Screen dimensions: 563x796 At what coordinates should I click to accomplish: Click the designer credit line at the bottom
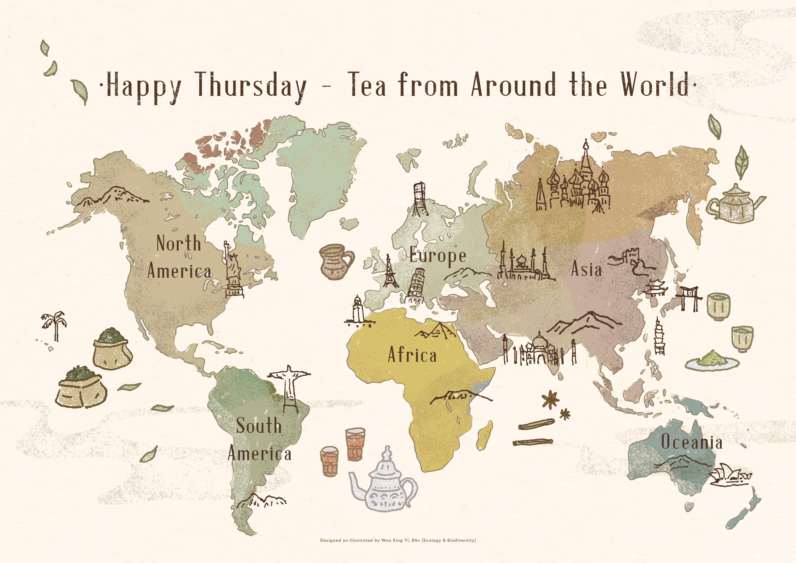[x=398, y=540]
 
